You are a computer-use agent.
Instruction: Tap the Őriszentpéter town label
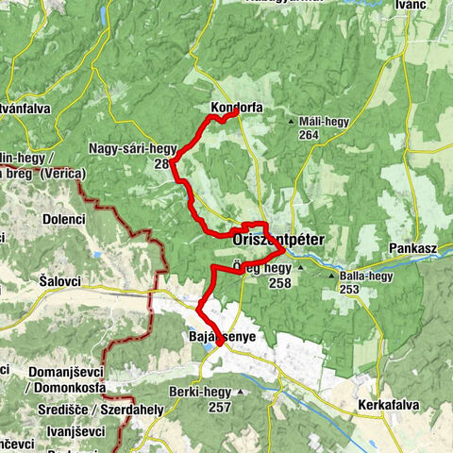277,241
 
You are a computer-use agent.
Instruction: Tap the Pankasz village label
411,247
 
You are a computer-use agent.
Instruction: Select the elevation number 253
350,289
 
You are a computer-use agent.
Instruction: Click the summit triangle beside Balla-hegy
330,276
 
